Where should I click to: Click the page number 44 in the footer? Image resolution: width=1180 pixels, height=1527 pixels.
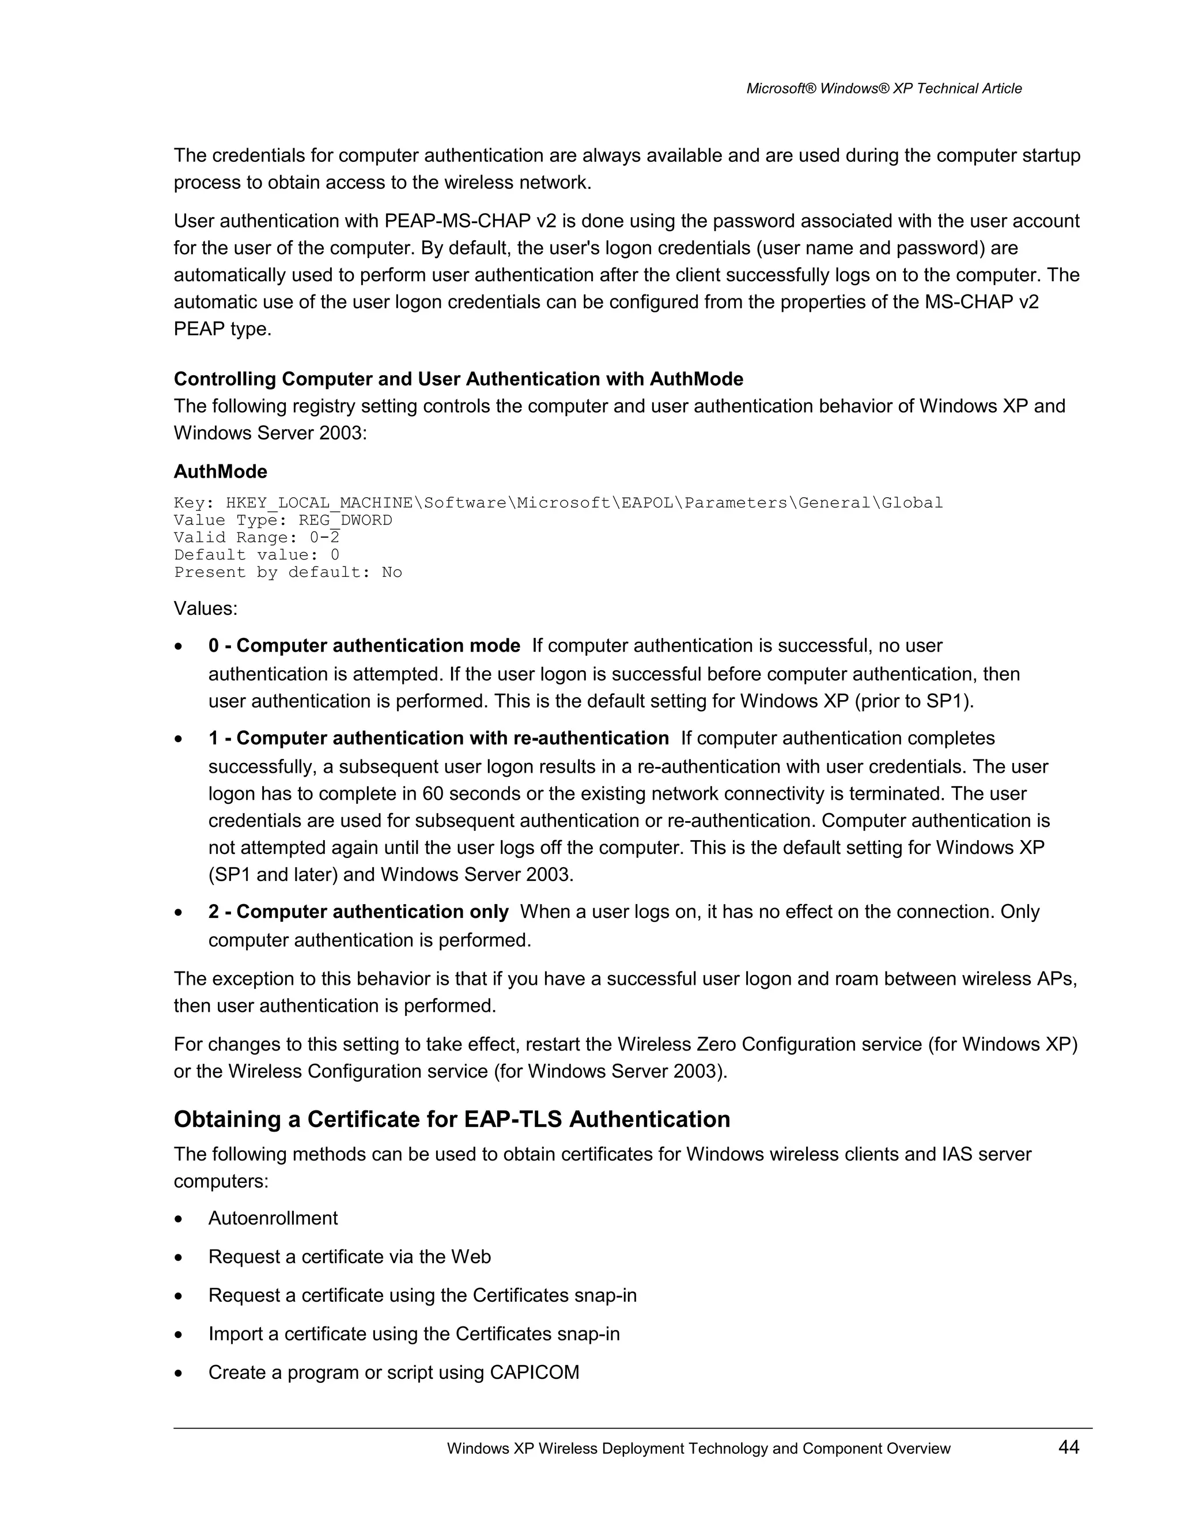(x=1068, y=1447)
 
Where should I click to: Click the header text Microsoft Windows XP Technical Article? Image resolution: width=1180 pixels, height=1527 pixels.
(x=884, y=89)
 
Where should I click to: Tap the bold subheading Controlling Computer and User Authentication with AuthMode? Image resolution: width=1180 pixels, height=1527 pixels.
(x=458, y=379)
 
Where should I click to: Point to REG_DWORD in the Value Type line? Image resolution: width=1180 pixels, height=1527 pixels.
(x=345, y=520)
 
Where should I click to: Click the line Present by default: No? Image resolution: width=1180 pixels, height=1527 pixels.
(x=288, y=573)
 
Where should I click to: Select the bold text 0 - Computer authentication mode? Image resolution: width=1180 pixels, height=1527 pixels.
(x=364, y=645)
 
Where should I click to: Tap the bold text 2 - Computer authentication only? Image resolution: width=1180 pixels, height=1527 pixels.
(x=358, y=912)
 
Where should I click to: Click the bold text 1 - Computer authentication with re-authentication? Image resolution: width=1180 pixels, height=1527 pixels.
(x=438, y=738)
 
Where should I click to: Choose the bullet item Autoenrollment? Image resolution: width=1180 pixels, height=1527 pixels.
(x=273, y=1218)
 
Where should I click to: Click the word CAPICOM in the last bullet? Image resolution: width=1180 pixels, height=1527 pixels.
(x=534, y=1373)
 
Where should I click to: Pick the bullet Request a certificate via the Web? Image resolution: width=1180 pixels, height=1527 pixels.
(x=350, y=1256)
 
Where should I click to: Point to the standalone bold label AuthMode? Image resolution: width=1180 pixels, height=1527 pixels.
(x=220, y=471)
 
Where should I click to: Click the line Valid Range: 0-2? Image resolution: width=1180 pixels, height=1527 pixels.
(x=256, y=538)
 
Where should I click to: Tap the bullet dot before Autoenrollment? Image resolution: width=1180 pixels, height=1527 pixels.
(x=180, y=1219)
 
